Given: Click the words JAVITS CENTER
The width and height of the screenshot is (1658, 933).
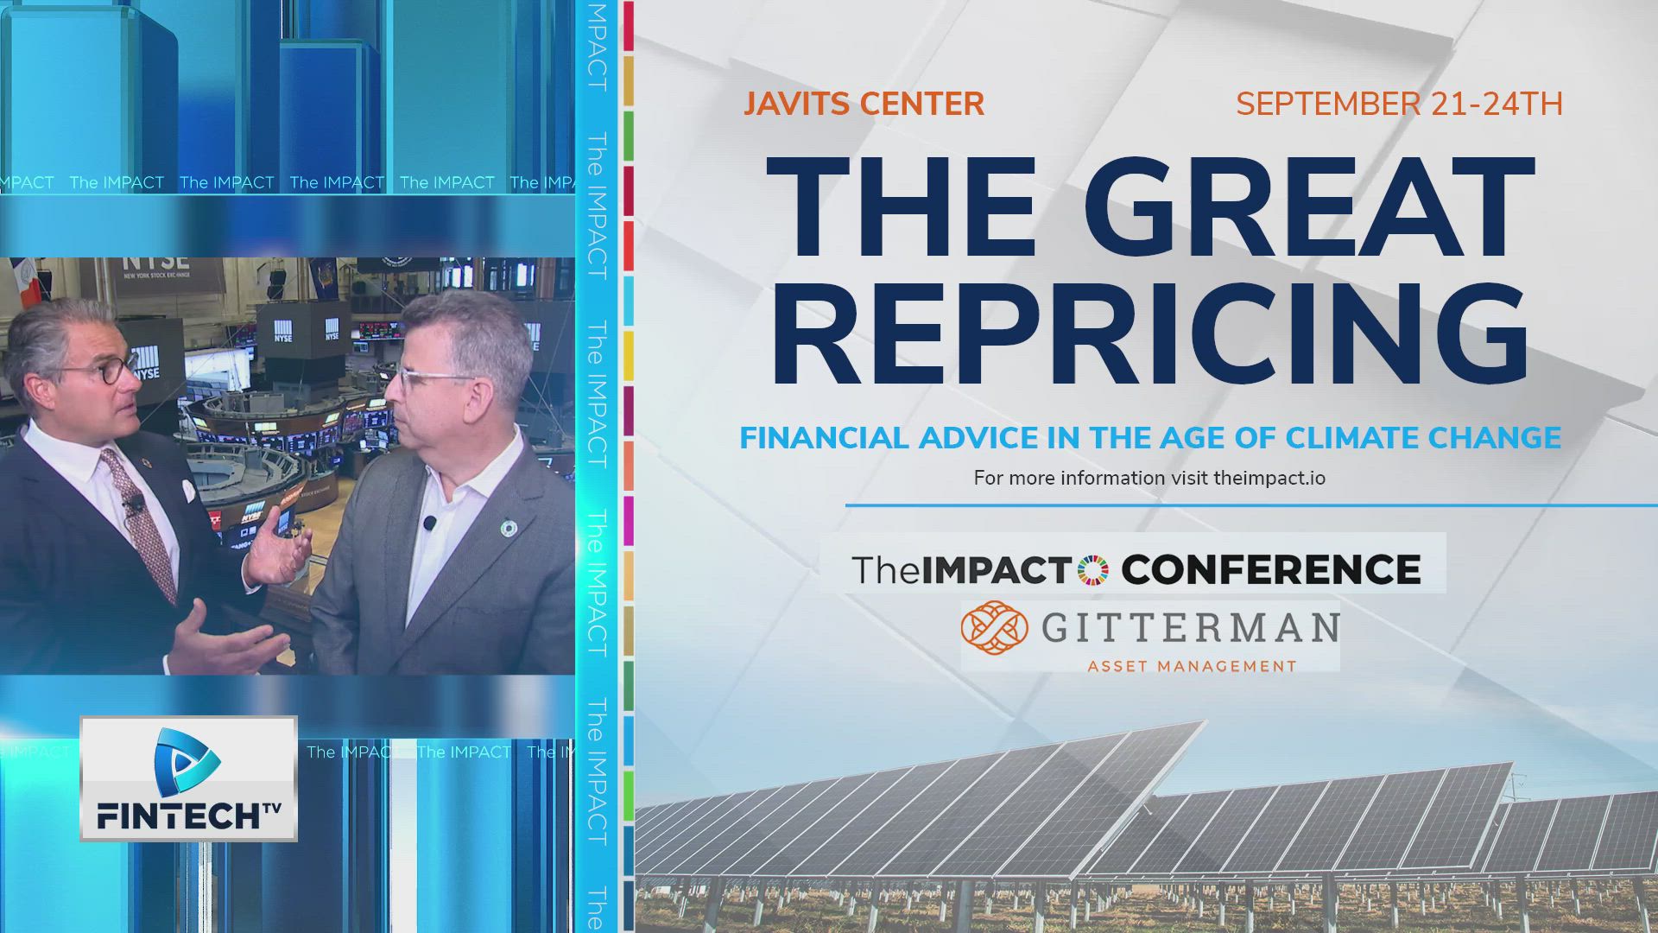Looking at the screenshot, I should [864, 105].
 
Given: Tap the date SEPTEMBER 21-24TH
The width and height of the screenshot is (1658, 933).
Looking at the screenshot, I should [1399, 105].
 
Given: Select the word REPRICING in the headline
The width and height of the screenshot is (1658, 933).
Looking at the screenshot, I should [1149, 333].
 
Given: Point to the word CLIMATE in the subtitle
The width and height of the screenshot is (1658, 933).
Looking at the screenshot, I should [1352, 438].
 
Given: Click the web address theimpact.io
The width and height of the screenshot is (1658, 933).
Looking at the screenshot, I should [1269, 478].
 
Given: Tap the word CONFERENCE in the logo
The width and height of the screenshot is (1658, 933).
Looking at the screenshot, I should [1270, 570].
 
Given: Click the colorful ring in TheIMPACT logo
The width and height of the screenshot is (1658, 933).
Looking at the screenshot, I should [1093, 570].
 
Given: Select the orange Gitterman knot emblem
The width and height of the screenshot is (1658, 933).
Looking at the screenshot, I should [994, 629].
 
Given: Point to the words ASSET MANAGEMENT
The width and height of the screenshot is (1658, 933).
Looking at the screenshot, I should [1192, 666].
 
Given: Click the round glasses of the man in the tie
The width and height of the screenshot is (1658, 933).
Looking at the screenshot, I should [104, 373].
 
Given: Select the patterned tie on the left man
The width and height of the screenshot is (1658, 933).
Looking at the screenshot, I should [138, 518].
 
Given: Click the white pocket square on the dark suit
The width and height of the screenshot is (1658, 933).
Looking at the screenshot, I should [187, 491].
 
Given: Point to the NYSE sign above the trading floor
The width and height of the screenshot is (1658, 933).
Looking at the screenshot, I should [155, 262].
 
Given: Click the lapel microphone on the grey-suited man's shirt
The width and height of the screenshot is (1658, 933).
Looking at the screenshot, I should [429, 523].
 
